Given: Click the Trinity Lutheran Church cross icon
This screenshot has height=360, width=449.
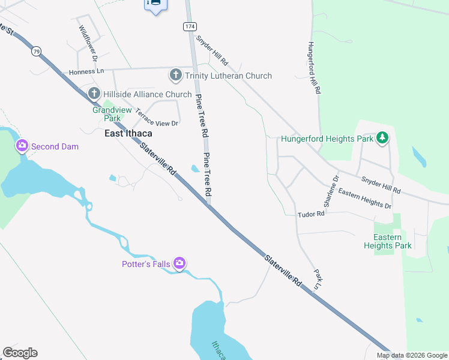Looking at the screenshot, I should tap(176, 75).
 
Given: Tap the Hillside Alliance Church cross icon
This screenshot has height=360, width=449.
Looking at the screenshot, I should tap(94, 94).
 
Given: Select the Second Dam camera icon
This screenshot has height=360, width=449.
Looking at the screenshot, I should tap(22, 146).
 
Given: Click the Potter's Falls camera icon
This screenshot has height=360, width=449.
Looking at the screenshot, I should tap(179, 263).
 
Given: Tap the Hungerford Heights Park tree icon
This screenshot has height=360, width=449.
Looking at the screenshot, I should tap(382, 139).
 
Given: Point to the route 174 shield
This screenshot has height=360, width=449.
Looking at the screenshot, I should tap(190, 27).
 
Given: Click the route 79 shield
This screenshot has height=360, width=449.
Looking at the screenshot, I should tap(37, 52).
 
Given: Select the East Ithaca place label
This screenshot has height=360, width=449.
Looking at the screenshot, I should tap(128, 133).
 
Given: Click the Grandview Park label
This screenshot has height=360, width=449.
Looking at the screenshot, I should tap(107, 114).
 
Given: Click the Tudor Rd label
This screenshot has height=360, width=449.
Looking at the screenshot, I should tap(312, 214).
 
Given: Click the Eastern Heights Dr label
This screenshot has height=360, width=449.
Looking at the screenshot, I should tap(364, 199).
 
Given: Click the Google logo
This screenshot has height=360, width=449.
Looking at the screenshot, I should tap(20, 353).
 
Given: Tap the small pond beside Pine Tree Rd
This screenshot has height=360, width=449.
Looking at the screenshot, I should tap(195, 169).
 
